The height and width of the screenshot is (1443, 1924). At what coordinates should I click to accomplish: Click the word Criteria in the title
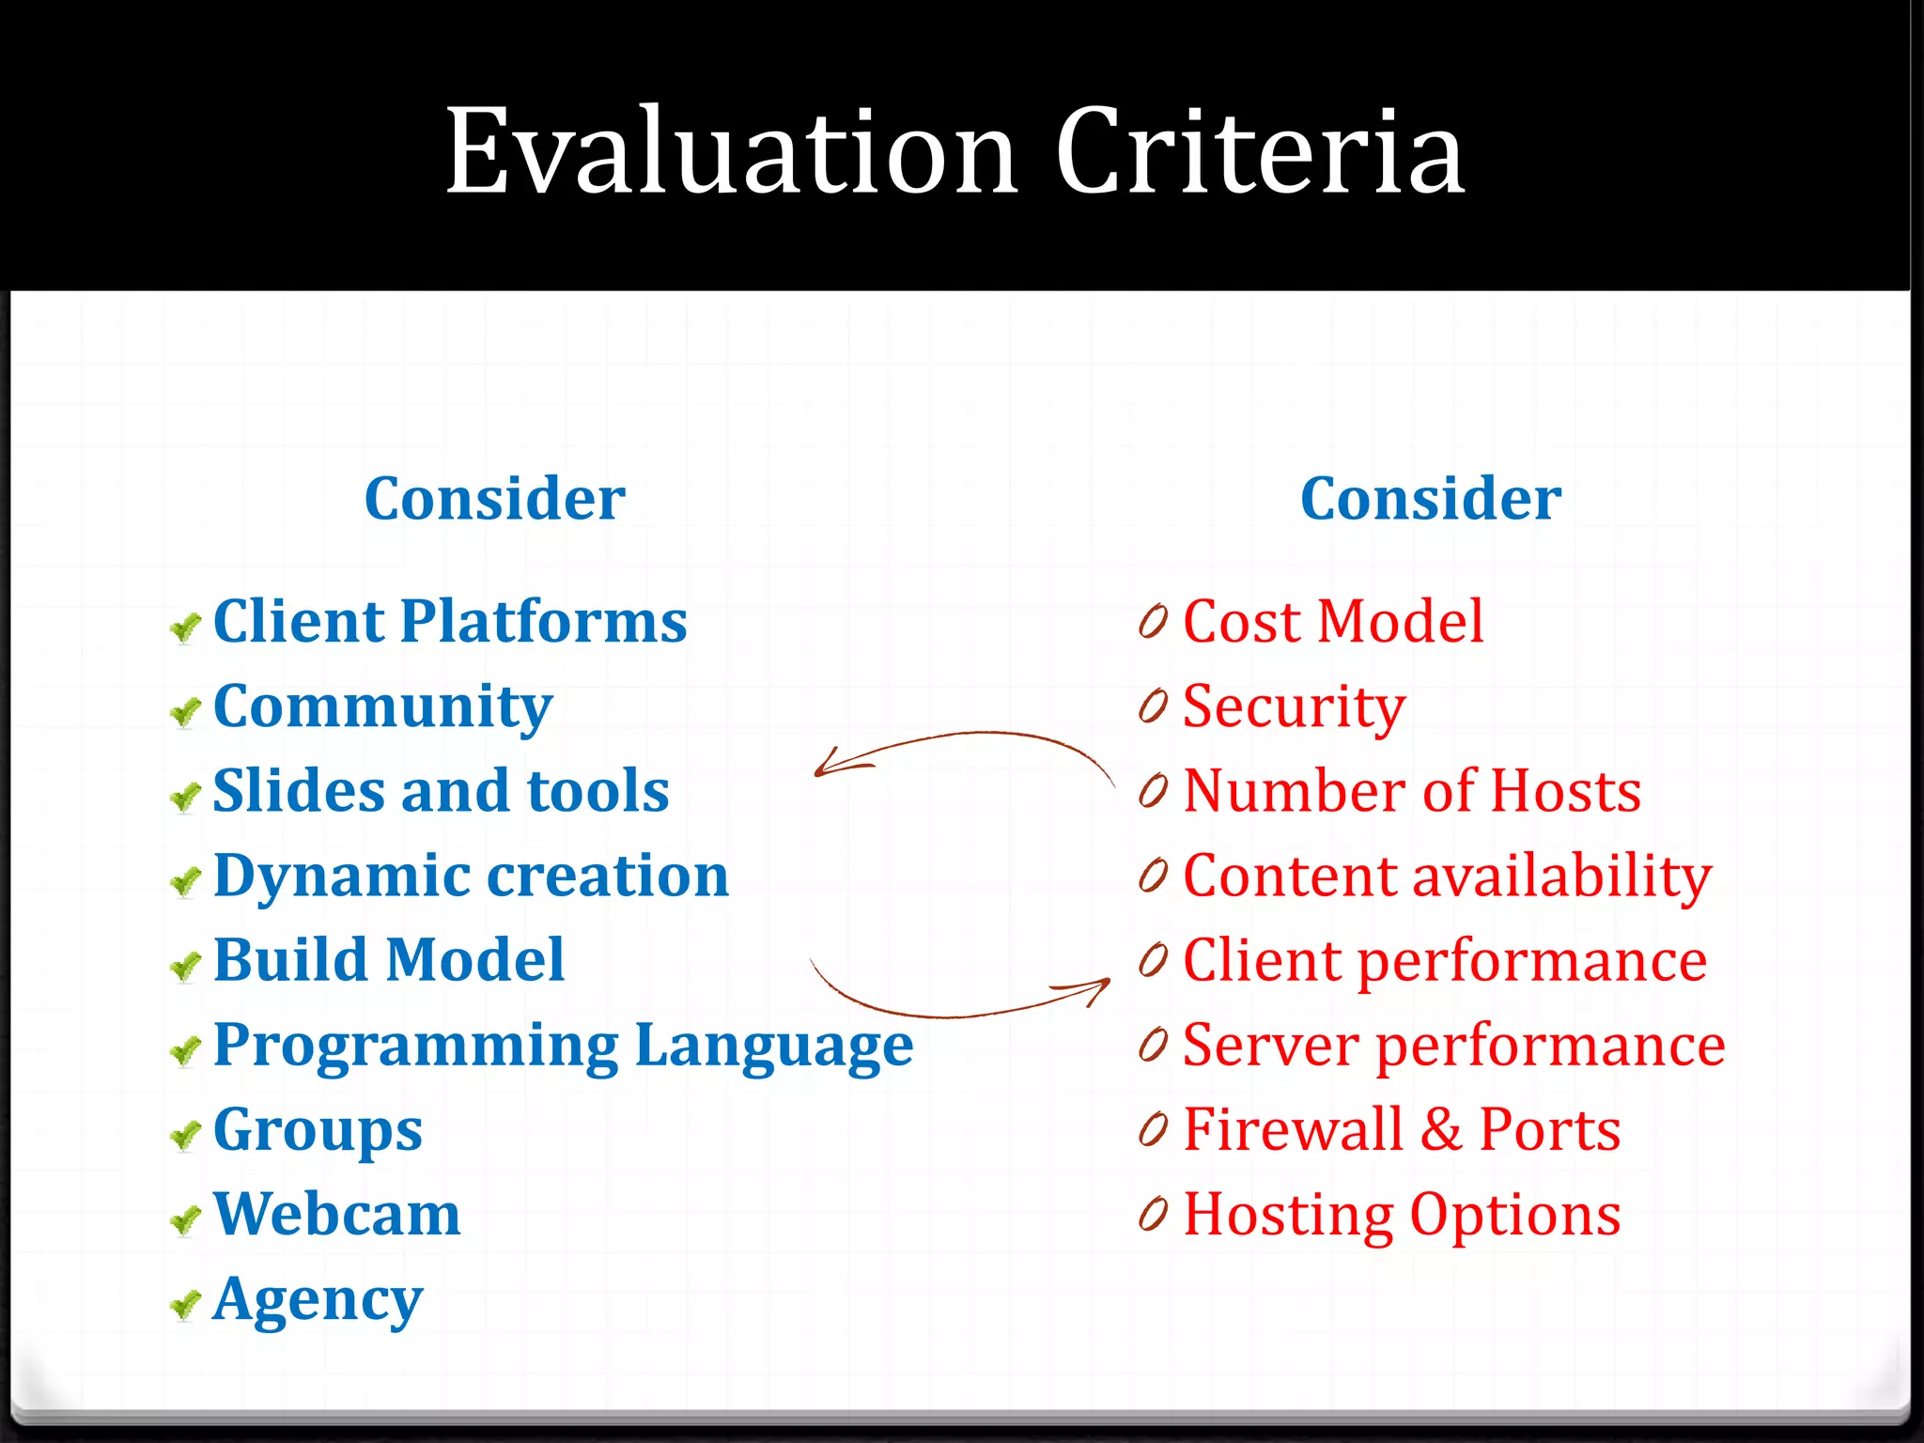click(x=1259, y=151)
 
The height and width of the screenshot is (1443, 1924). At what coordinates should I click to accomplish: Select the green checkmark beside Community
click(x=186, y=713)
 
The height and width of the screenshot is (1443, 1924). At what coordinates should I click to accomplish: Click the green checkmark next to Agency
click(x=186, y=1304)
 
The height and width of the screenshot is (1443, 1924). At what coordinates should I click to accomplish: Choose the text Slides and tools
click(x=441, y=790)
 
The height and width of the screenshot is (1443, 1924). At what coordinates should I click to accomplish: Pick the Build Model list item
click(x=389, y=960)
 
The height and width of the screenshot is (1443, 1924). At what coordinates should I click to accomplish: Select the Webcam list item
click(x=336, y=1214)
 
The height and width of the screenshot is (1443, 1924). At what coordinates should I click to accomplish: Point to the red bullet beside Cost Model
click(x=1153, y=621)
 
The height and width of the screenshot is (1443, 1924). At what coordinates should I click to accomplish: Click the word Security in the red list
click(x=1294, y=706)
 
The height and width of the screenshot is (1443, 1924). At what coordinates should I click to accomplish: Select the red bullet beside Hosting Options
click(x=1153, y=1214)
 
